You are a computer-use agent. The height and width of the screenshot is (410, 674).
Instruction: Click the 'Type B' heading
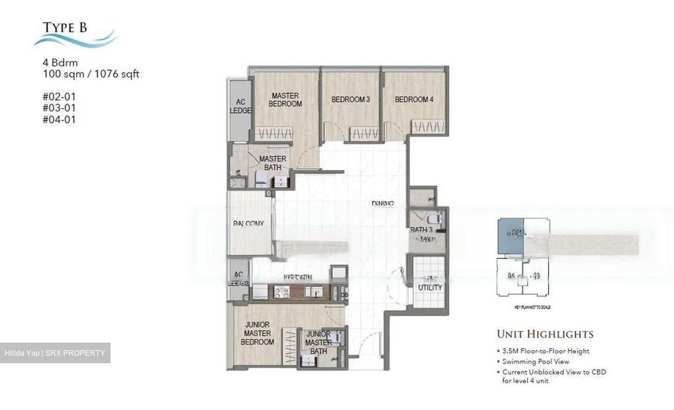65,28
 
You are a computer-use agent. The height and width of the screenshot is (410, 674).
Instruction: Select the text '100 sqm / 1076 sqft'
91,74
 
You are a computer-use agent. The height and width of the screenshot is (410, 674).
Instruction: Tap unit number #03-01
59,108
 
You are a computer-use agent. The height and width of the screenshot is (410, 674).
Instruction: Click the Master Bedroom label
285,100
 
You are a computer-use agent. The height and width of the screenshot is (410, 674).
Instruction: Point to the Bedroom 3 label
351,100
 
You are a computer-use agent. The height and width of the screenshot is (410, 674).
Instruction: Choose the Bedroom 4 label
414,100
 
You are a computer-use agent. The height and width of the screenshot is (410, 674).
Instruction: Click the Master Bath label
272,163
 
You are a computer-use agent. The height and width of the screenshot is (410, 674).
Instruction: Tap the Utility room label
430,287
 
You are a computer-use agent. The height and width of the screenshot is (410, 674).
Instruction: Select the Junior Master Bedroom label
257,333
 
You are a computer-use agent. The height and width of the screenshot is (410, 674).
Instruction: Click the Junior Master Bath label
318,342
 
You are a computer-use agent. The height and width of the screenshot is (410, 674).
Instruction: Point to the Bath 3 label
421,230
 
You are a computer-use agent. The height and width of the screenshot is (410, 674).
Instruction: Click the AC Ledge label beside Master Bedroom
240,106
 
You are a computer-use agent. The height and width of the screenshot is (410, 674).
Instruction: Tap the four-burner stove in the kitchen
281,293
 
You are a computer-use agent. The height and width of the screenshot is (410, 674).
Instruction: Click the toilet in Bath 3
435,219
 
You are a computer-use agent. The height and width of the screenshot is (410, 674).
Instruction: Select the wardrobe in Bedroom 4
428,127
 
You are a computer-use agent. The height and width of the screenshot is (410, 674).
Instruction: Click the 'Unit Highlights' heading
545,334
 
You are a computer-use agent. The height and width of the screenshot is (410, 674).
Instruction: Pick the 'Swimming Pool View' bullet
535,361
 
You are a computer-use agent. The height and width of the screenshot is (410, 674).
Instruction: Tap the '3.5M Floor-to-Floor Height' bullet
545,351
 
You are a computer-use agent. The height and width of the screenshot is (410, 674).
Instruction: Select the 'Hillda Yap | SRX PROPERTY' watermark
55,353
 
